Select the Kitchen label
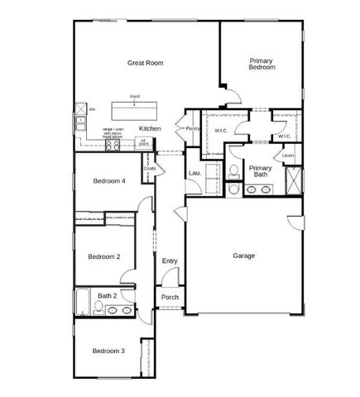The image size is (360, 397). tap(150, 128)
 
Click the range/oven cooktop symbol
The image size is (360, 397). tap(113, 144)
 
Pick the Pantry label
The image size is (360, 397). tap(193, 128)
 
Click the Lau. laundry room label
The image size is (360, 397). tap(195, 172)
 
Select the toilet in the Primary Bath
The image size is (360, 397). tap(235, 172)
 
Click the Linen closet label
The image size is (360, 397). tap(288, 155)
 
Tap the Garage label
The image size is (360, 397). tap(243, 256)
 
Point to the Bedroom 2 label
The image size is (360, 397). tap(104, 256)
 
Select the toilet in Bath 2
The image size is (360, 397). tap(98, 309)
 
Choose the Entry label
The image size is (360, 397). tap(170, 261)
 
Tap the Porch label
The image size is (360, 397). tap(170, 298)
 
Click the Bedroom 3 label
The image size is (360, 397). tap(108, 351)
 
